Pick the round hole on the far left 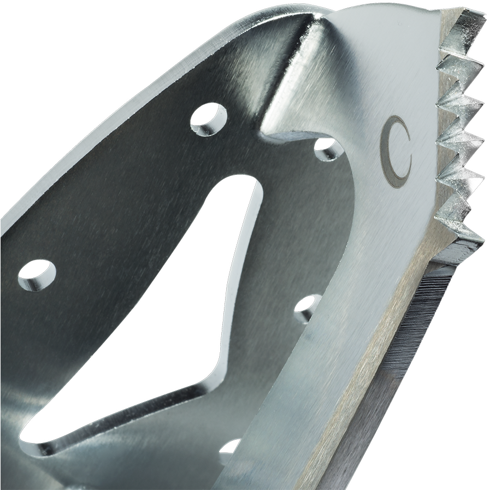click(37, 273)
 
